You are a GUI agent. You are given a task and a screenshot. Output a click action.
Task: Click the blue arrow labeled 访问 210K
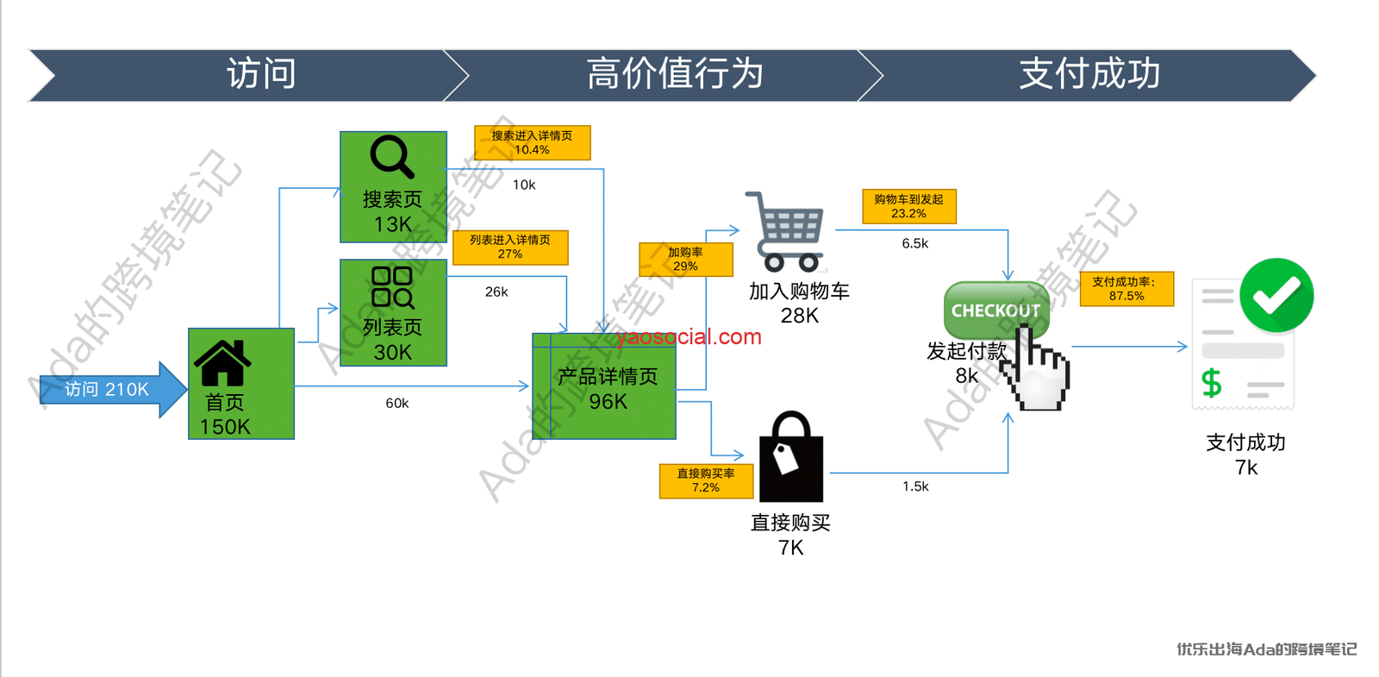(x=108, y=390)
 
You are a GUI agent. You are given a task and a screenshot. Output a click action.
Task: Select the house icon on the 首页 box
(x=222, y=363)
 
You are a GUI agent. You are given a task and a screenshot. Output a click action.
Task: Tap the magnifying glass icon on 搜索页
(x=392, y=157)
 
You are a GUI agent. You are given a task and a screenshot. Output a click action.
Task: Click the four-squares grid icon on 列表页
(x=392, y=287)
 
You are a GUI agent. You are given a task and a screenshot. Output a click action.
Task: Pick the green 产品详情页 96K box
(x=604, y=388)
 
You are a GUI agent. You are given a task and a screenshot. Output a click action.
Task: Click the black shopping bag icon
(x=790, y=458)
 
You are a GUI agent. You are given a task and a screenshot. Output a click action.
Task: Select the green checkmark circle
(x=1276, y=296)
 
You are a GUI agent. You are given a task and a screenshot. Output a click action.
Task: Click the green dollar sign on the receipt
(x=1212, y=382)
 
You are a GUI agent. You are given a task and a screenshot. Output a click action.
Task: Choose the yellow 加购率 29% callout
(x=685, y=259)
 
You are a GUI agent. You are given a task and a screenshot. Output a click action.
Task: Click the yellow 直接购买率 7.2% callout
(x=706, y=480)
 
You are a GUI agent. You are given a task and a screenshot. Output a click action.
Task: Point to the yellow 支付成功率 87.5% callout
(x=1126, y=288)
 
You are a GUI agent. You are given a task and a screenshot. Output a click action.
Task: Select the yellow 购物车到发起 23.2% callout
(x=908, y=206)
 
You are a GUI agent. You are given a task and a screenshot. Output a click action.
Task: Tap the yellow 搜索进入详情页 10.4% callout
(x=532, y=142)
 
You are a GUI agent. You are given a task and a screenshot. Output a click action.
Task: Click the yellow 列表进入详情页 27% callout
(x=510, y=247)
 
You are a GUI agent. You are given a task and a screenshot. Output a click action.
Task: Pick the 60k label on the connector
(x=397, y=403)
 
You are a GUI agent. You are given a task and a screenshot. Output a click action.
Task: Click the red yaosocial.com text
(x=689, y=336)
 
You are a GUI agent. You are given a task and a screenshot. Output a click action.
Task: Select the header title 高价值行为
(x=675, y=74)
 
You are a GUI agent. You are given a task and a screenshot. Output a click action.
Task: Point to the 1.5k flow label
(x=915, y=486)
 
